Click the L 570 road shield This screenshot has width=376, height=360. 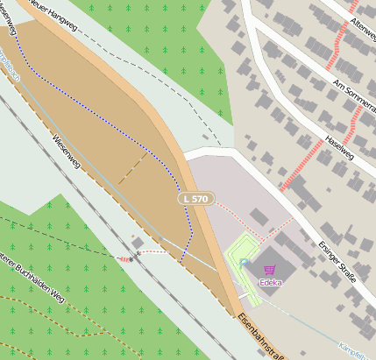point(196,200)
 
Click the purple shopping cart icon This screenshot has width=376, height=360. point(268,270)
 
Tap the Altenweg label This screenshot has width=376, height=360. point(362,32)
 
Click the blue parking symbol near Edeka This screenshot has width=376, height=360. point(245,262)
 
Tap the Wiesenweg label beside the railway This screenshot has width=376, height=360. point(67,150)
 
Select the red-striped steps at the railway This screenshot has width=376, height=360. point(126,258)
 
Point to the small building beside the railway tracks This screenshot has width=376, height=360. point(138,243)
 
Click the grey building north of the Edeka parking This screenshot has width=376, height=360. point(259,216)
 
